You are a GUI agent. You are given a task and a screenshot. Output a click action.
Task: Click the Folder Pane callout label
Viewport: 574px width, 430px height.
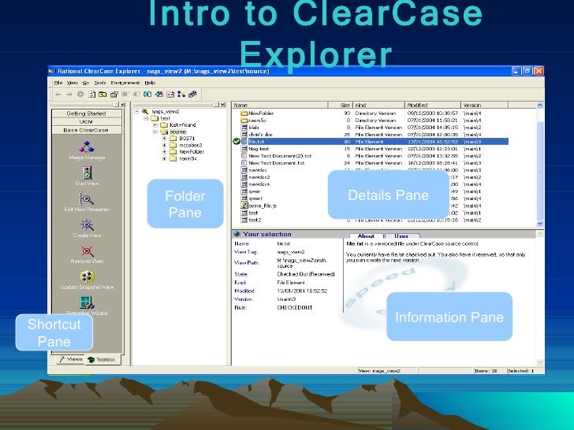(184, 204)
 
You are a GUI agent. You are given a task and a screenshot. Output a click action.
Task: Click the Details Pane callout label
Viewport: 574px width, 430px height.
(387, 195)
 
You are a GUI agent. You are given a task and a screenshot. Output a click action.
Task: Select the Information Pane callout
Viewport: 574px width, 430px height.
(449, 317)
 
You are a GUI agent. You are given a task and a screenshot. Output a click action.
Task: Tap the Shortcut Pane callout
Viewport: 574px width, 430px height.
(54, 333)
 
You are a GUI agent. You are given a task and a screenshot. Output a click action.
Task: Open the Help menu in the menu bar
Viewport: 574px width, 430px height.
(150, 83)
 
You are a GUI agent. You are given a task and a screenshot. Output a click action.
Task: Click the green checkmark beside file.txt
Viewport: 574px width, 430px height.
(237, 141)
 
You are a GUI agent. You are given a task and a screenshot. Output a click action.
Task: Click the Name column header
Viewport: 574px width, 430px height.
(242, 104)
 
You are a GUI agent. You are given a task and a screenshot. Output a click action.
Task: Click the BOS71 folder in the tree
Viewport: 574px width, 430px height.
(186, 139)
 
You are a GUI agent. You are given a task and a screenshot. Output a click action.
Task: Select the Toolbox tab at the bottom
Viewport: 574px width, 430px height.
(102, 358)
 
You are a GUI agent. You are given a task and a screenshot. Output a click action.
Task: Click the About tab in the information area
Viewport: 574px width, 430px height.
(366, 235)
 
